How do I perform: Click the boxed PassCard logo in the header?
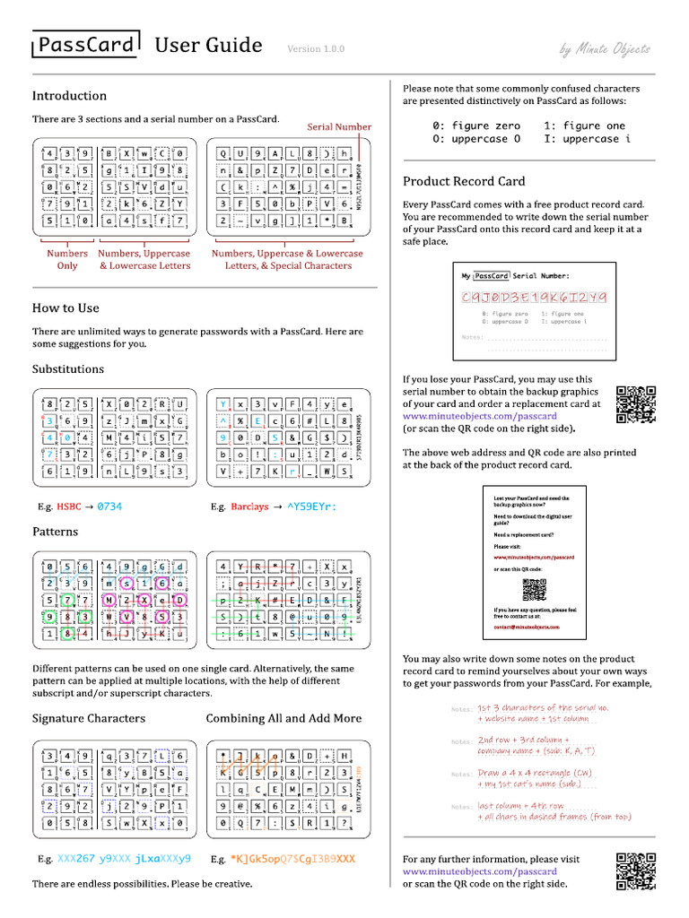pyautogui.click(x=85, y=45)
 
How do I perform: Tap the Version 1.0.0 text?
pyautogui.click(x=316, y=49)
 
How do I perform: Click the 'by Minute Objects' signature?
pyautogui.click(x=605, y=49)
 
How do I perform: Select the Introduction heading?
pyautogui.click(x=69, y=96)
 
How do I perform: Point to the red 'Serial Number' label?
pyautogui.click(x=339, y=126)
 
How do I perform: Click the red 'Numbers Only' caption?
pyautogui.click(x=67, y=259)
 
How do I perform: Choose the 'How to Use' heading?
pyautogui.click(x=65, y=307)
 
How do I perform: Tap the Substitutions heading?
pyautogui.click(x=68, y=368)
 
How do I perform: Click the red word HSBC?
pyautogui.click(x=68, y=507)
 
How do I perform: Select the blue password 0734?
pyautogui.click(x=109, y=507)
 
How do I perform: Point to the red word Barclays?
pyautogui.click(x=249, y=507)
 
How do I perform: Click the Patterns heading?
pyautogui.click(x=55, y=532)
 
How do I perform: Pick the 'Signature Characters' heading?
pyautogui.click(x=89, y=718)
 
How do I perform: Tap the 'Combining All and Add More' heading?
pyautogui.click(x=283, y=718)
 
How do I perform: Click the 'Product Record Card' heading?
pyautogui.click(x=464, y=181)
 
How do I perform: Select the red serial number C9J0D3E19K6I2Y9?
pyautogui.click(x=534, y=297)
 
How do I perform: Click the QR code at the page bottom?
pyautogui.click(x=637, y=871)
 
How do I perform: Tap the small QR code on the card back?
pyautogui.click(x=534, y=590)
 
